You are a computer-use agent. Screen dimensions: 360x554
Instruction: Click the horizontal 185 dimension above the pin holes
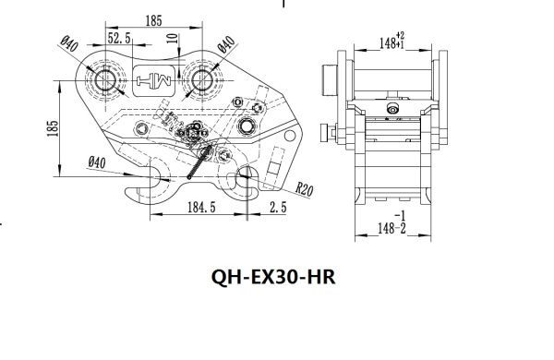pyautogui.click(x=153, y=19)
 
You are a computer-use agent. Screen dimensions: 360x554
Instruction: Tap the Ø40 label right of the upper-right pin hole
pyautogui.click(x=224, y=44)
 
